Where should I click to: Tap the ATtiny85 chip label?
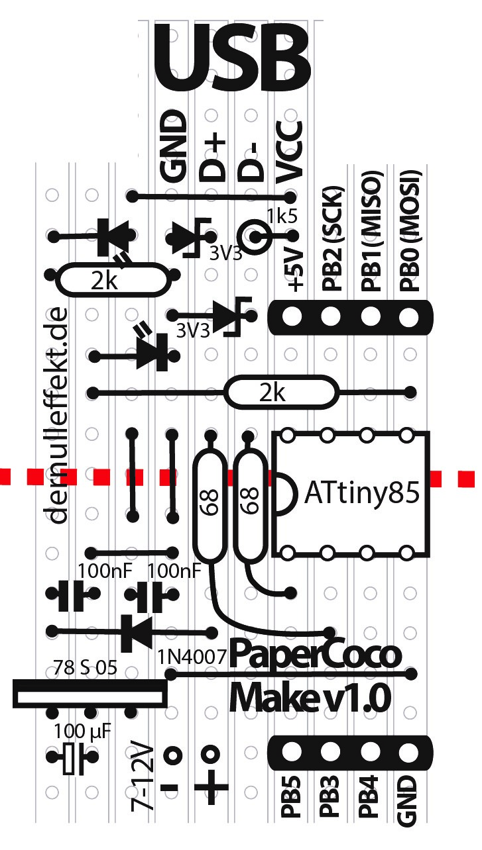click(x=362, y=494)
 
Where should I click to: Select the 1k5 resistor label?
click(x=282, y=216)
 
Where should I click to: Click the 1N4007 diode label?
click(x=192, y=657)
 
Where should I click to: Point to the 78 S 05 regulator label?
click(x=84, y=667)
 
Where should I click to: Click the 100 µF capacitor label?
click(x=82, y=732)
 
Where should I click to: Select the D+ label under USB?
click(x=213, y=159)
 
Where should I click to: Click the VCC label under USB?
click(x=290, y=152)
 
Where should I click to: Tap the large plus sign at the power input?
click(x=211, y=788)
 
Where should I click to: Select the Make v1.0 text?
click(x=309, y=696)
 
